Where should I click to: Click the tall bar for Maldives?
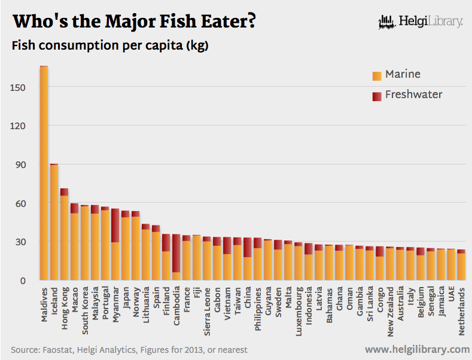click(x=44, y=173)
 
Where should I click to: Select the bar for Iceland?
click(x=54, y=221)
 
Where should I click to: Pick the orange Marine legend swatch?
click(x=377, y=76)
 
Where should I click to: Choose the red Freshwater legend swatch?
click(x=377, y=96)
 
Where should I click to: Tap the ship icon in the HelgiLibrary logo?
click(x=386, y=23)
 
